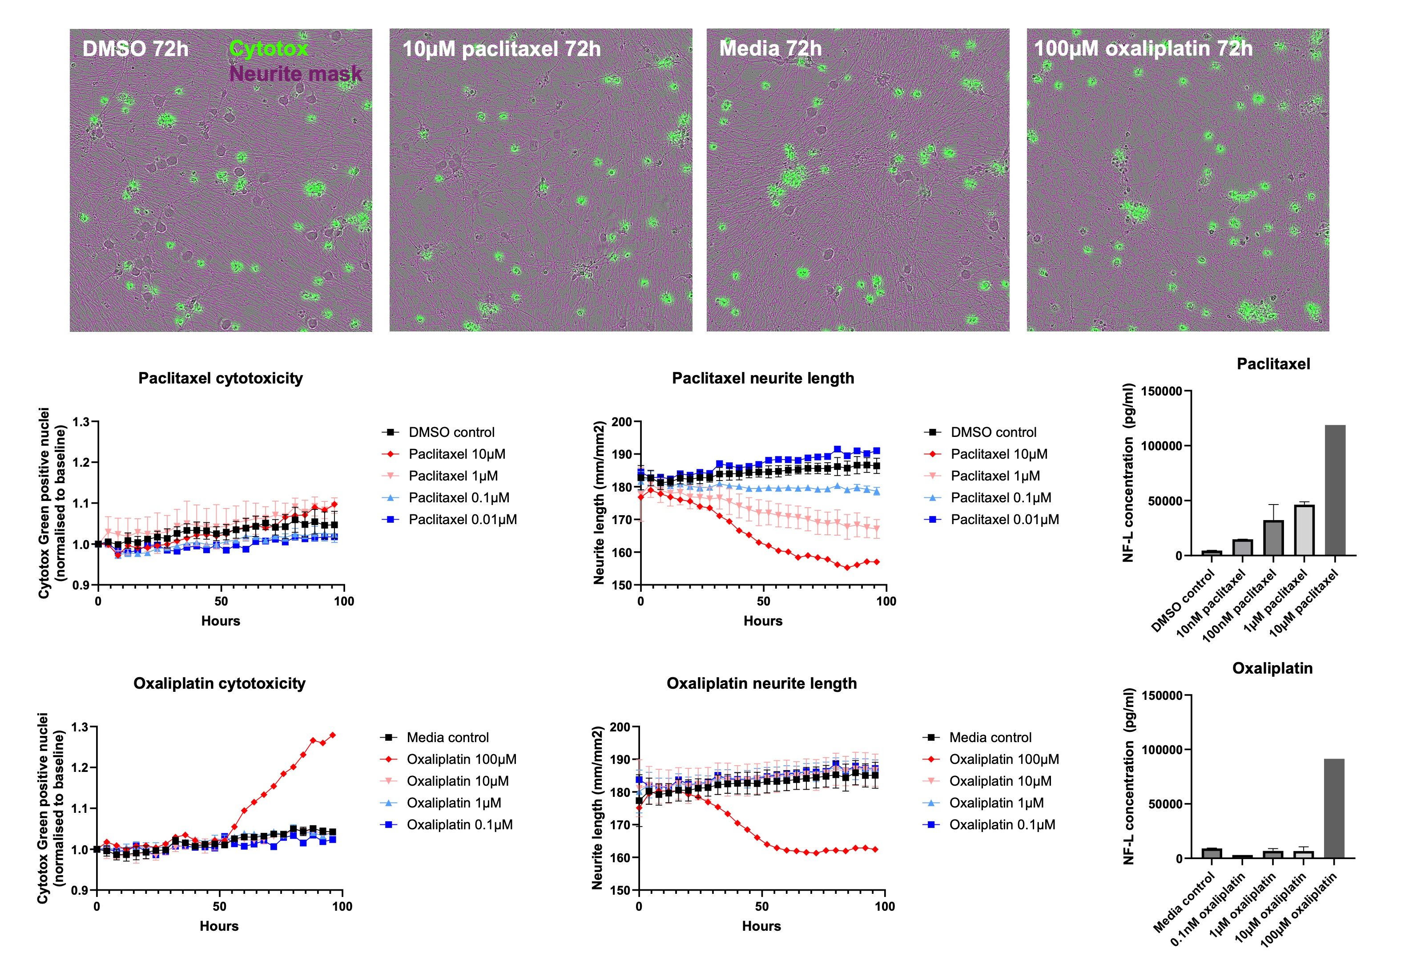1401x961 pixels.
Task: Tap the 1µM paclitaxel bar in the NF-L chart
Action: tap(1304, 530)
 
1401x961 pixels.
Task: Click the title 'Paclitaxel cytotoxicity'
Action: tap(221, 378)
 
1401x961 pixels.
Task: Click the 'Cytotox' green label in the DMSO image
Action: tap(269, 48)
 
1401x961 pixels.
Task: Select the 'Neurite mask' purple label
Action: tap(295, 73)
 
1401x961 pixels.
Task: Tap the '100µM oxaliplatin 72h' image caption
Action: tap(1143, 48)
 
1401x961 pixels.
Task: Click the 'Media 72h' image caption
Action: tap(770, 48)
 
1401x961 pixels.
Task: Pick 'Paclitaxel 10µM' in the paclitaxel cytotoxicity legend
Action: tap(456, 454)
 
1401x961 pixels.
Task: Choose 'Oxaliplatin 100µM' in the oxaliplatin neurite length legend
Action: tap(1004, 759)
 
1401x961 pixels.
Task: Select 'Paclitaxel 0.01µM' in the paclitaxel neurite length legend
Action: tap(1004, 519)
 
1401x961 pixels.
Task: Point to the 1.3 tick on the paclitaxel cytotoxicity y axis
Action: tap(81, 422)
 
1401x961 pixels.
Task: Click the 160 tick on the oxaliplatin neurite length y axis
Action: tap(621, 857)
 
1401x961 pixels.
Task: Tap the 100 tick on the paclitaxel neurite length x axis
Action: tap(886, 601)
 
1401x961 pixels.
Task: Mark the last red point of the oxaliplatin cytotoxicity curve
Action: tap(333, 735)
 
